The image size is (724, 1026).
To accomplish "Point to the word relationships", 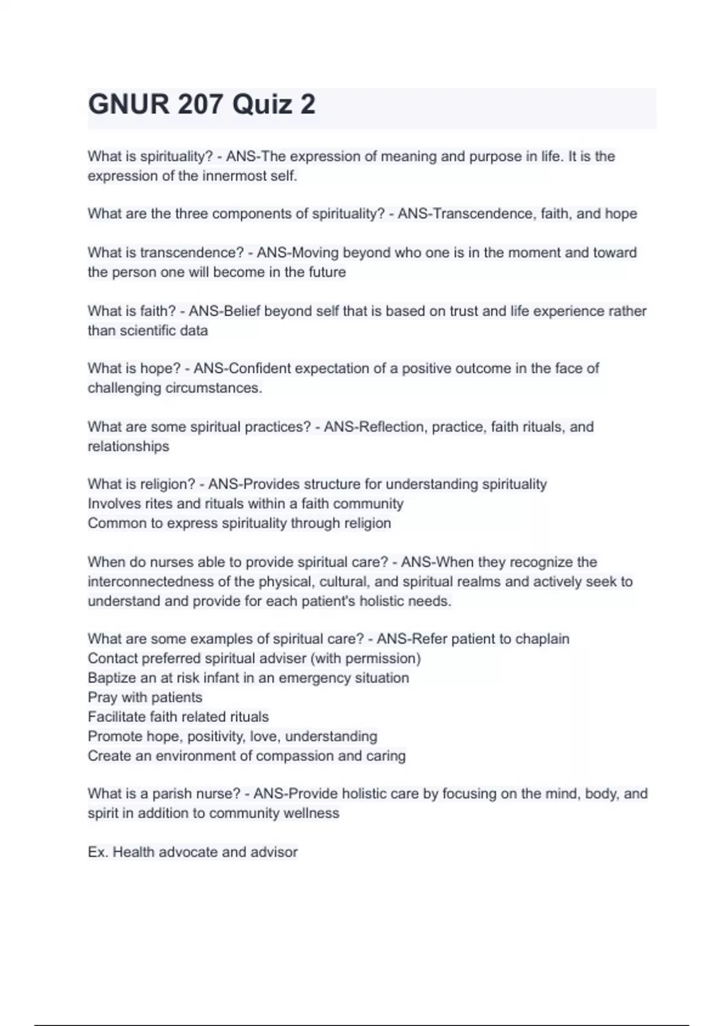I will tap(129, 447).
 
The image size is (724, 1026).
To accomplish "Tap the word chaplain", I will tap(542, 639).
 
